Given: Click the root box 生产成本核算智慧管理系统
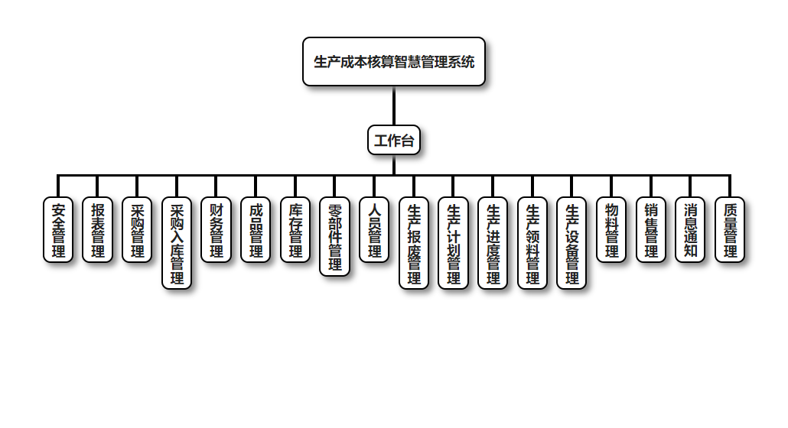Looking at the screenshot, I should (x=394, y=62).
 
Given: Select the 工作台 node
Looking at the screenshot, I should (x=394, y=141).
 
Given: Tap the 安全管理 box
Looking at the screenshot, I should (x=58, y=230).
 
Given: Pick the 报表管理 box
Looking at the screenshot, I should (x=98, y=230).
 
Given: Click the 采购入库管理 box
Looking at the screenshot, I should (x=177, y=243).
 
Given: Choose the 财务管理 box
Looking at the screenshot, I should (x=217, y=230).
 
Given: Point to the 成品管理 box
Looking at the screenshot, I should (x=256, y=230).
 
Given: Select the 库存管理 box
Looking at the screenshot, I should (x=295, y=230).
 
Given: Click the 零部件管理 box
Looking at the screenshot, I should (x=335, y=237).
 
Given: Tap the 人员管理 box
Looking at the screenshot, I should (x=375, y=230).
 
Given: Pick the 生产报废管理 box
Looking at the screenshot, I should (x=414, y=243).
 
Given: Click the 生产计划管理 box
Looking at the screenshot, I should (x=454, y=243).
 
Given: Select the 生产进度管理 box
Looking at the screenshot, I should (x=493, y=243).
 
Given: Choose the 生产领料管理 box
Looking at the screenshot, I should (x=532, y=243).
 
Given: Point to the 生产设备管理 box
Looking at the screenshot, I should (x=572, y=243).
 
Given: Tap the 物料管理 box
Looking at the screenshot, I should (x=611, y=230).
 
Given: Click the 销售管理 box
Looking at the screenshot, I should (x=651, y=230).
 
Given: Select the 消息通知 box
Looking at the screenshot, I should (x=691, y=230).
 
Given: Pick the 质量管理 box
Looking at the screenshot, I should (x=730, y=230).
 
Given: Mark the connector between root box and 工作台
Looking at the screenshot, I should (x=394, y=106).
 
